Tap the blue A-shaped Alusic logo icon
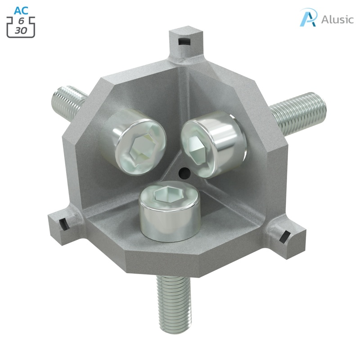click(309, 18)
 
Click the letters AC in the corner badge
click(21, 10)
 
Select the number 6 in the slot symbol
click(21, 21)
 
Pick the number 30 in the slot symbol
click(21, 31)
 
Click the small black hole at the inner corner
click(183, 171)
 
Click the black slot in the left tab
click(63, 223)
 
